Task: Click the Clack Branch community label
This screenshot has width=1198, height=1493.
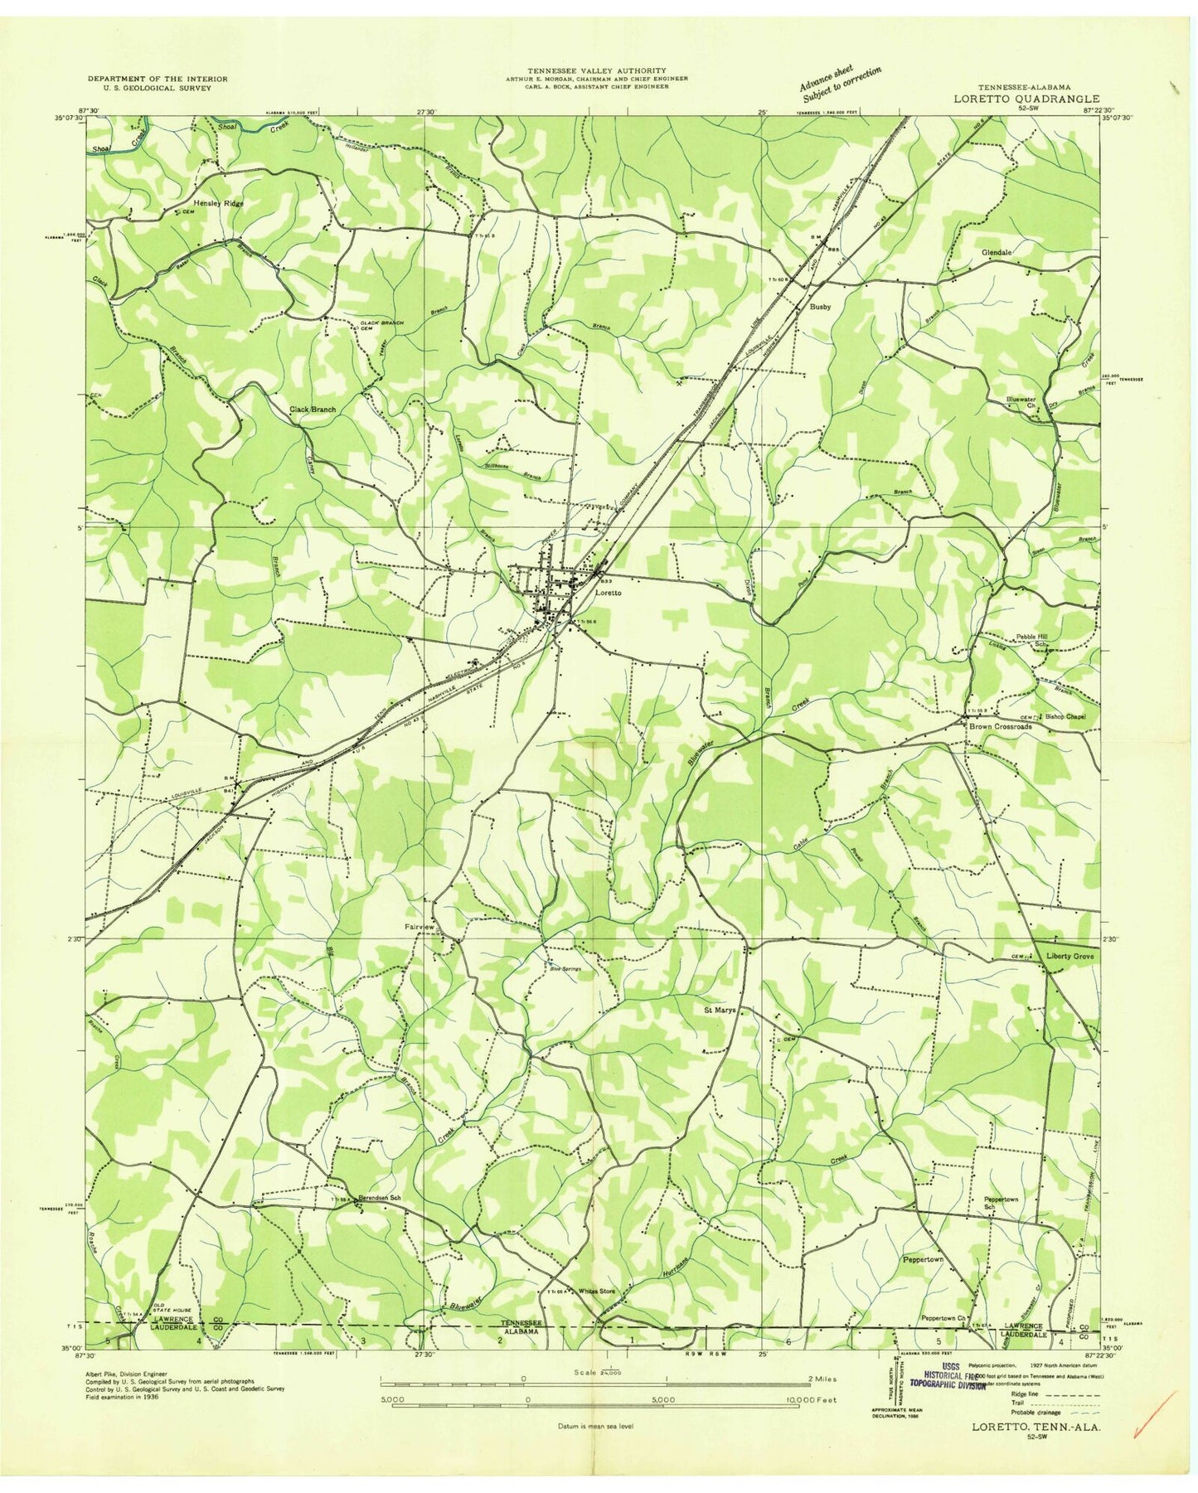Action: click(x=312, y=409)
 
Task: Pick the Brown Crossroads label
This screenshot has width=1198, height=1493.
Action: click(x=1001, y=726)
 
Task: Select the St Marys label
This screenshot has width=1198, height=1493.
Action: click(x=720, y=1011)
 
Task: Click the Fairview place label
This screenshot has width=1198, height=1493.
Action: click(x=420, y=927)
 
